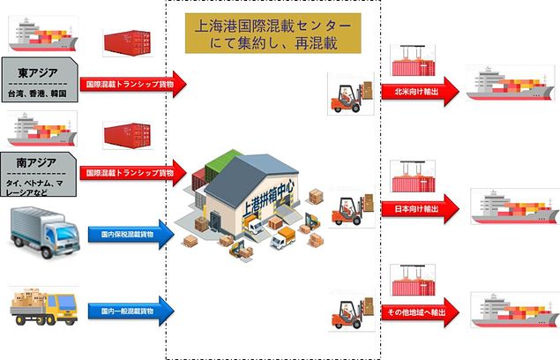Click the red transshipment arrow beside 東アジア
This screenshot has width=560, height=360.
coord(132,85)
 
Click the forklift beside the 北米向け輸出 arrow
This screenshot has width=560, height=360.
coord(345,94)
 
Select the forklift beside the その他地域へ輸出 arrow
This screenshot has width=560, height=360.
coord(345,315)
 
